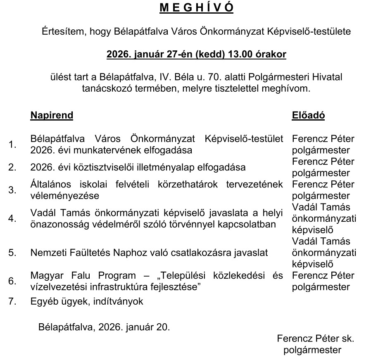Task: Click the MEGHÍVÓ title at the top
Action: (196, 9)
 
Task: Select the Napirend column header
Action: (52, 115)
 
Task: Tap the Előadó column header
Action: (308, 115)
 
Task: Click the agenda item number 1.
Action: (12, 144)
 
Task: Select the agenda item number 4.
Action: (12, 218)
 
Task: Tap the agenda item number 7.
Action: (12, 301)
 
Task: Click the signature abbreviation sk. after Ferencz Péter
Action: (347, 339)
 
